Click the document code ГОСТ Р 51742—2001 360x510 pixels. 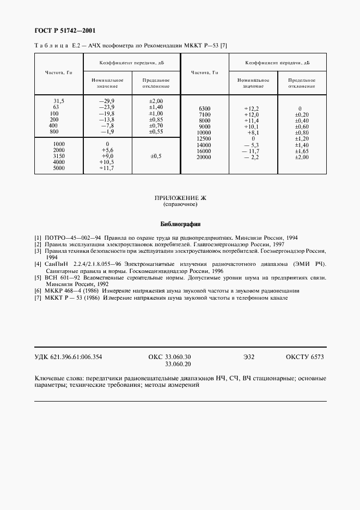click(62, 30)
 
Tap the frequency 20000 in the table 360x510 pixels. click(204, 157)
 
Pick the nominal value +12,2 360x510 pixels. click(251, 109)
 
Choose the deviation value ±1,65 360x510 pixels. click(301, 151)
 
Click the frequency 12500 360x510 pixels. click(204, 139)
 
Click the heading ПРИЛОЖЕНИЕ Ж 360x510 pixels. click(180, 199)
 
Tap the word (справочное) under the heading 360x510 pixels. click(180, 205)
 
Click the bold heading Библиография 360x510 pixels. click(180, 223)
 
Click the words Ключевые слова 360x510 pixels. click(57, 378)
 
